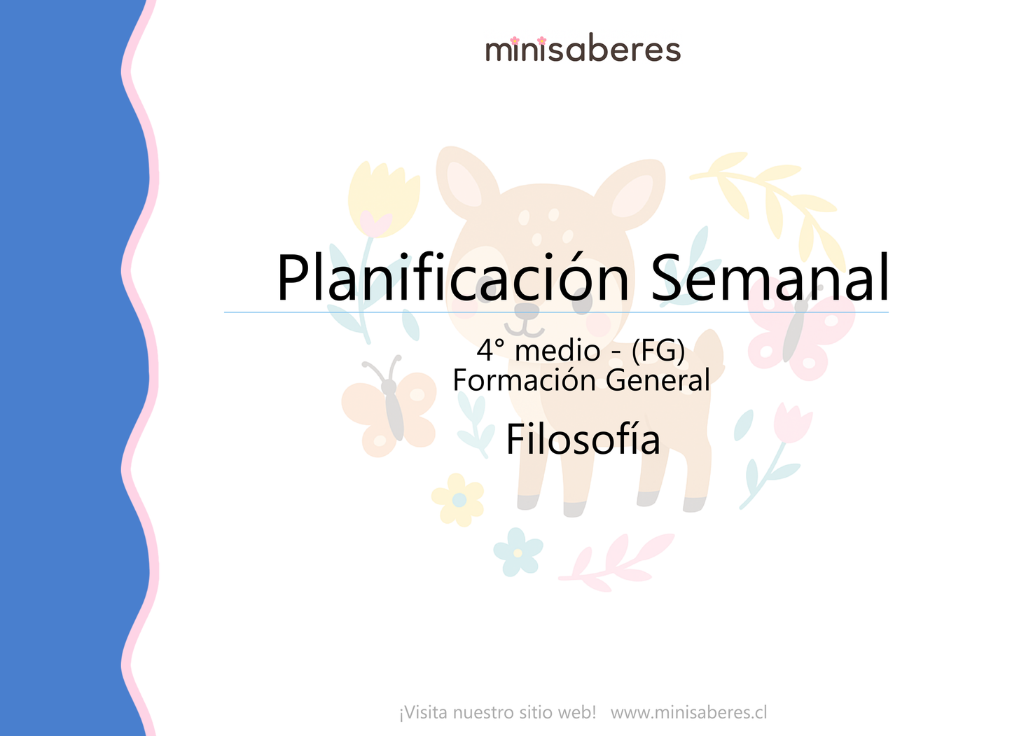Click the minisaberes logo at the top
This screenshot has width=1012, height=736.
583,50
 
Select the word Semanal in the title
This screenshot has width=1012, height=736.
770,278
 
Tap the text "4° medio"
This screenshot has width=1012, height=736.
538,350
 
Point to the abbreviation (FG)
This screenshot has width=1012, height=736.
658,350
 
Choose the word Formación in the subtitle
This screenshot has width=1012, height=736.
526,380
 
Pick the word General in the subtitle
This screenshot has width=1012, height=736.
658,380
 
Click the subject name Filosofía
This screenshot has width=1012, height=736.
583,440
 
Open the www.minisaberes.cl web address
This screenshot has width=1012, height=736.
688,713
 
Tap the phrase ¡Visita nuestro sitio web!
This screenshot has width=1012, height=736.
497,713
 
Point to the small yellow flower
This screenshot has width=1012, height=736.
458,499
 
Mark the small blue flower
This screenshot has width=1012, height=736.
518,552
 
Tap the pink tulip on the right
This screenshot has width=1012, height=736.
791,424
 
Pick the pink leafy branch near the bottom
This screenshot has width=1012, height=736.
616,560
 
